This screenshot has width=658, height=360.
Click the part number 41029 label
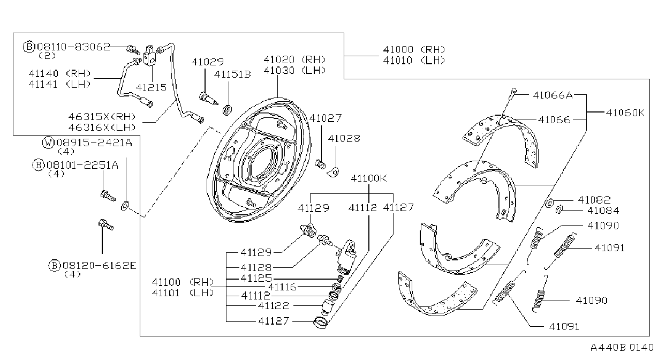(208, 62)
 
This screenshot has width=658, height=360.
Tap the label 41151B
(232, 74)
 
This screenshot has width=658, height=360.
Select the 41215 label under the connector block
(151, 87)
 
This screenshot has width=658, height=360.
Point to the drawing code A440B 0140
(622, 348)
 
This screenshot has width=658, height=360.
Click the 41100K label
(369, 178)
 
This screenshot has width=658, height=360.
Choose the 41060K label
(625, 112)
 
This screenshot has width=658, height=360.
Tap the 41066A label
(553, 95)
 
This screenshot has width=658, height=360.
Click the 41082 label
(594, 200)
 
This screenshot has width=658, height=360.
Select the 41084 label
(603, 211)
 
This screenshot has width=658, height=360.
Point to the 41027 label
(326, 118)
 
